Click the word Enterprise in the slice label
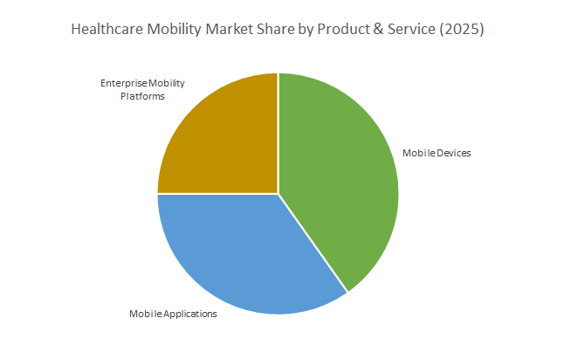coord(120,84)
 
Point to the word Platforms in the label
coord(141,95)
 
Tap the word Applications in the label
coord(188,314)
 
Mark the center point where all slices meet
coord(278,193)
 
